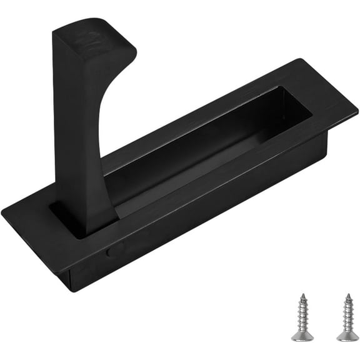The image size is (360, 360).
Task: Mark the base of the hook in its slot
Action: (x=81, y=219)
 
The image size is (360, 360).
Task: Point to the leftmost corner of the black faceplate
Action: (x=4, y=216)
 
